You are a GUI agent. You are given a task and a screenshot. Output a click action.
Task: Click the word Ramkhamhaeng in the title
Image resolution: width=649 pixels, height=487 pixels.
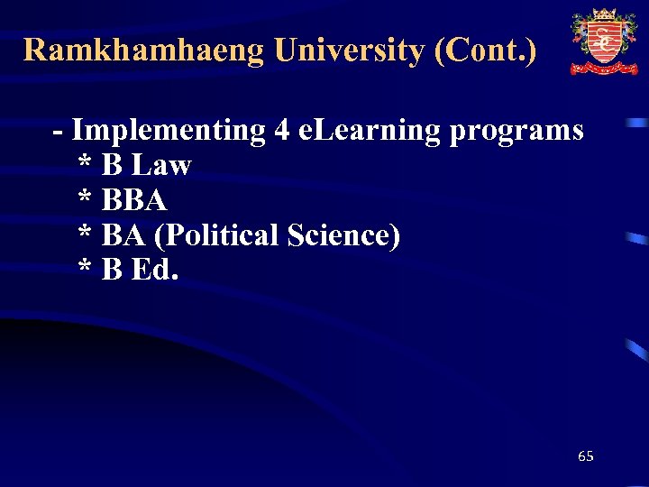[x=144, y=50]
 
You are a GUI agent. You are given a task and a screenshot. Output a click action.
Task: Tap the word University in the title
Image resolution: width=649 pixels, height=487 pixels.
[x=349, y=50]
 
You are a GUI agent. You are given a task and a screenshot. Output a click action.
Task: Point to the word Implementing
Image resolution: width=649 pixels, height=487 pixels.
[x=168, y=132]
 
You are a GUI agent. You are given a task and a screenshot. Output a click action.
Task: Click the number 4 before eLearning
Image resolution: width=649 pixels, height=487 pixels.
[x=282, y=131]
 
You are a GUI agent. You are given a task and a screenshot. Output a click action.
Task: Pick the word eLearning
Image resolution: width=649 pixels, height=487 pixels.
[x=369, y=132]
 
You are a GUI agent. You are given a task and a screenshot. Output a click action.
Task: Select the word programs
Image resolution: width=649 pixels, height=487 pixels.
[x=516, y=132]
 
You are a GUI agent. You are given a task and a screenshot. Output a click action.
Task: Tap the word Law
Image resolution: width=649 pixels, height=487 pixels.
[x=161, y=165]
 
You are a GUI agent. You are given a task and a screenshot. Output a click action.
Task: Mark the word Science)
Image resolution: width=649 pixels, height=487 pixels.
[x=343, y=235]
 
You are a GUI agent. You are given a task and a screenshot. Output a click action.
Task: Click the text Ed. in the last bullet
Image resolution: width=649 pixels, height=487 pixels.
[x=155, y=270]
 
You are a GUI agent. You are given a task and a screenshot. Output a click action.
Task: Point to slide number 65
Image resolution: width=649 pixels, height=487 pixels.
[x=586, y=456]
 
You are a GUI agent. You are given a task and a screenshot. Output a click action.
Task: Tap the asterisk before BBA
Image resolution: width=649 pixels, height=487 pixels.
[x=85, y=198]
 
